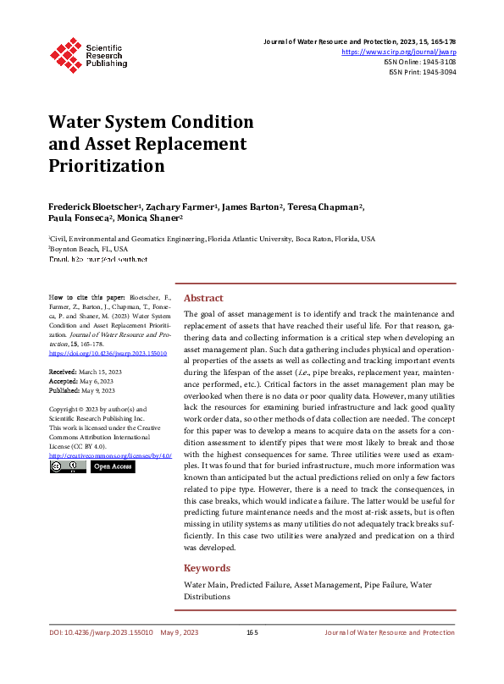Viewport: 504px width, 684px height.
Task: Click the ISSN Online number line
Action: pos(421,62)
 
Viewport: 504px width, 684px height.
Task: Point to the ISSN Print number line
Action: pos(422,72)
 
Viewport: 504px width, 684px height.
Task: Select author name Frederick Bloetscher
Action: pos(95,207)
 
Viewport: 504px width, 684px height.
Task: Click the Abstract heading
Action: pos(203,298)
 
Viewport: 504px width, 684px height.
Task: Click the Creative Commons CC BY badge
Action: pos(66,466)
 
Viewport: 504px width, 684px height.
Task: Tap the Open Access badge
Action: pos(112,466)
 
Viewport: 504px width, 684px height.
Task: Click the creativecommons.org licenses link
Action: pos(110,455)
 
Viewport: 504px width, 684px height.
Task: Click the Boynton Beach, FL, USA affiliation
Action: pos(89,250)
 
